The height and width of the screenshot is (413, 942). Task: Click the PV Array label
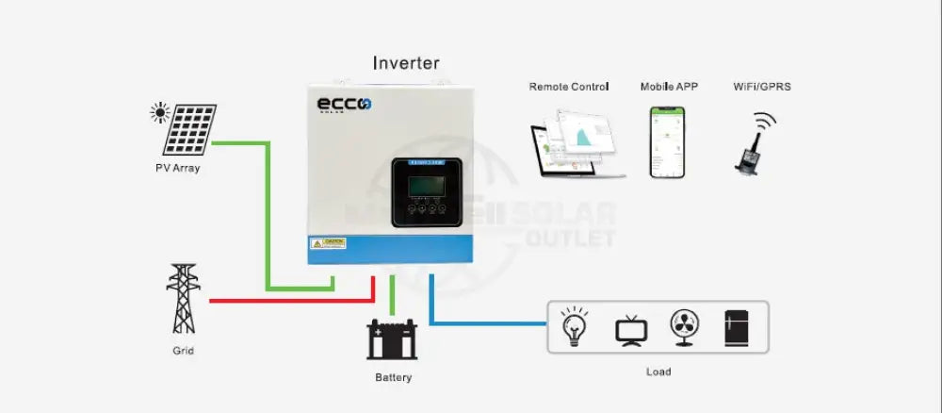178,169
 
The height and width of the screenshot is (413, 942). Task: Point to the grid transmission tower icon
183,298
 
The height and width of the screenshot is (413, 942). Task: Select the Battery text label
393,378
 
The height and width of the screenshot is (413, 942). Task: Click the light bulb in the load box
575,326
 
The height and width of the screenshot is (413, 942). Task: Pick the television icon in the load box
630,329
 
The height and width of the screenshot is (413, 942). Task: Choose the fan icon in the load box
684,327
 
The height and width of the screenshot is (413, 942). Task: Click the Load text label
658,372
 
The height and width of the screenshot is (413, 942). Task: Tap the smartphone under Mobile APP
666,141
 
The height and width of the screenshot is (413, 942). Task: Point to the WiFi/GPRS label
762,87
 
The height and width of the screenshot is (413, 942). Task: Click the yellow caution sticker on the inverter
329,243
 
